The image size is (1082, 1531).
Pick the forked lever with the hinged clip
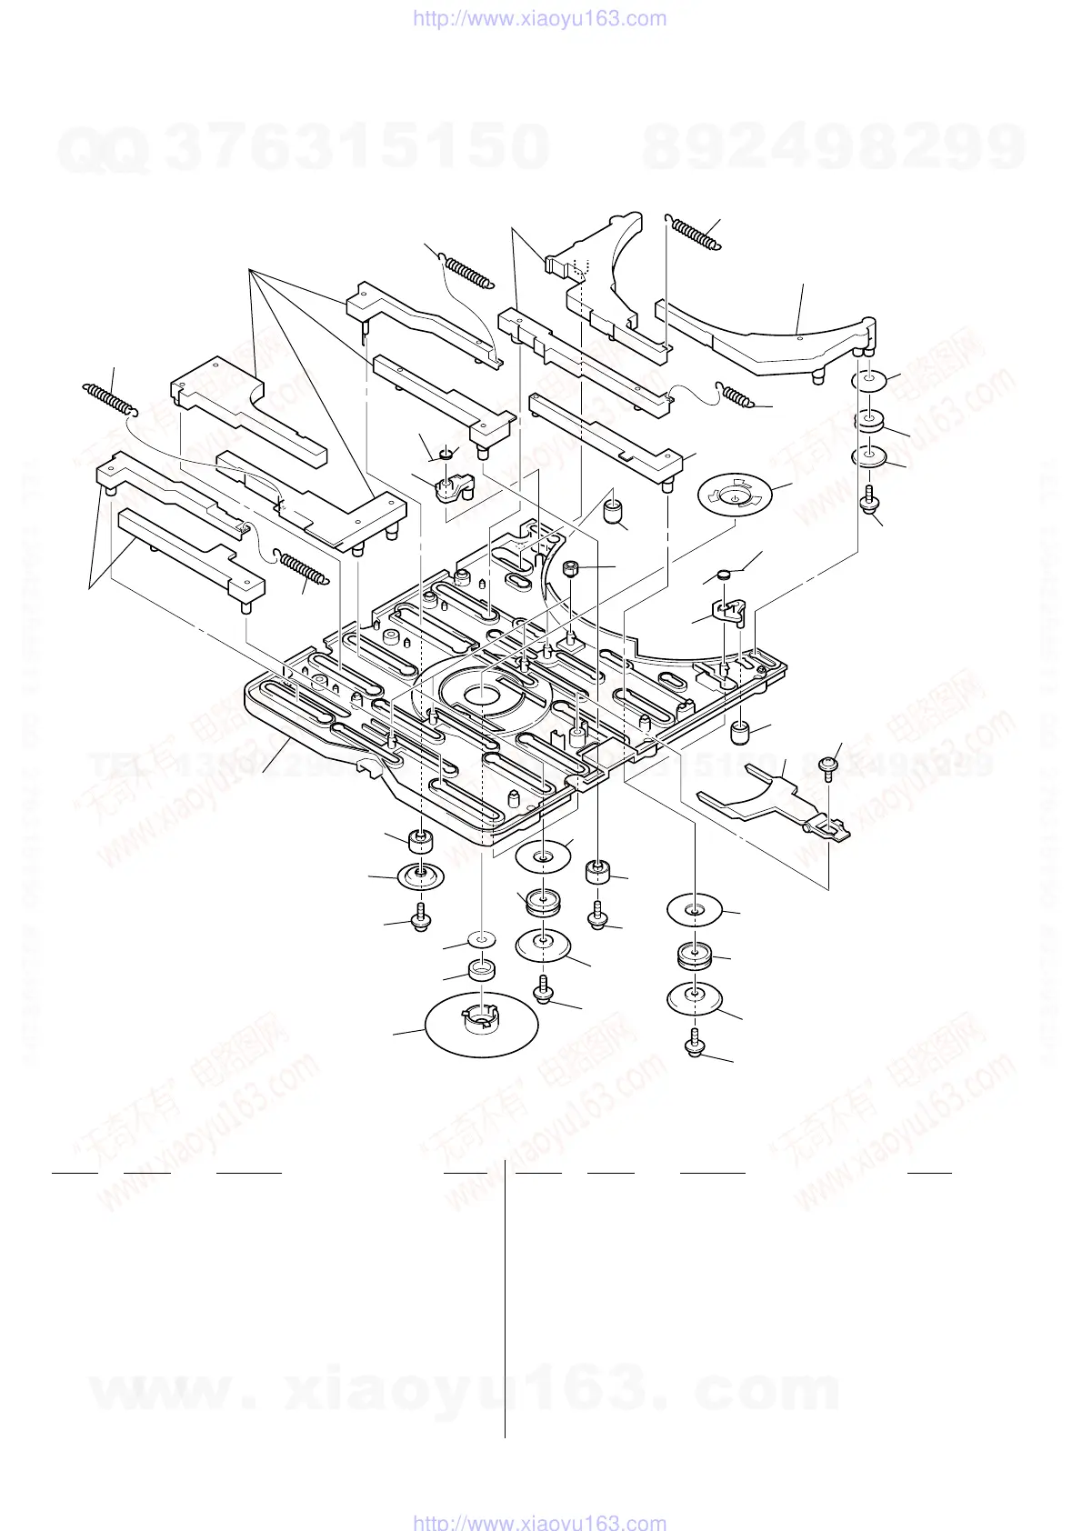[782, 800]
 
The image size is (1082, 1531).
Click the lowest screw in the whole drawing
[696, 1044]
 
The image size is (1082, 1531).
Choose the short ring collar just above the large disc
[482, 970]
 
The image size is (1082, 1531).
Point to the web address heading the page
[540, 18]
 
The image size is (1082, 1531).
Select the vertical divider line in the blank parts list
[505, 1300]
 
